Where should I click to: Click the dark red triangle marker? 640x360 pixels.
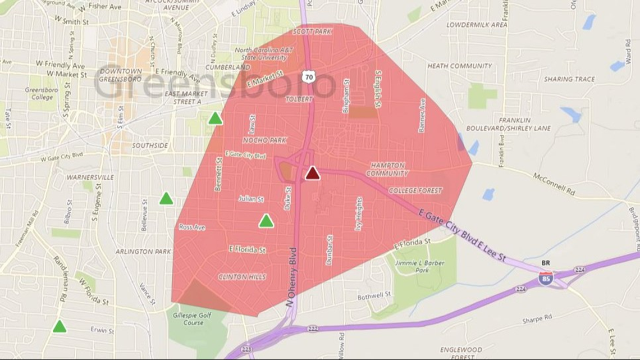click(313, 173)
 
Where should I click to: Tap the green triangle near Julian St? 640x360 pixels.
click(266, 221)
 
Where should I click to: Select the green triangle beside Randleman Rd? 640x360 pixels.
click(60, 326)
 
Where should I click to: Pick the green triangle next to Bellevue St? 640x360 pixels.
click(166, 198)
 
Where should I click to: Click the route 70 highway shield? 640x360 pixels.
click(308, 76)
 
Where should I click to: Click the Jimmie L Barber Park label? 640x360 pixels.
click(419, 266)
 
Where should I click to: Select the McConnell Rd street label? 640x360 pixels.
click(554, 181)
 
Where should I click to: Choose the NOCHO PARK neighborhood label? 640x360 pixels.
click(264, 140)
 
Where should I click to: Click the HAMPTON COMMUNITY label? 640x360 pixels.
click(387, 170)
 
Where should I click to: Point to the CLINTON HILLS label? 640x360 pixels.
click(242, 277)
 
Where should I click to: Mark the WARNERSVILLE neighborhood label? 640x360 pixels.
click(90, 177)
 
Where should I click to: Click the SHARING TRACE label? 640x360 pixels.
click(569, 79)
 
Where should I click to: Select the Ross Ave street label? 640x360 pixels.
click(192, 227)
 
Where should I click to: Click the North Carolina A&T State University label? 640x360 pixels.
click(261, 53)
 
